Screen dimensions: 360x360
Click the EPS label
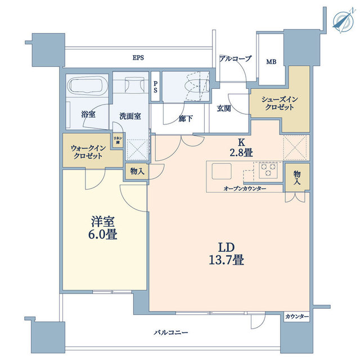(x=138, y=57)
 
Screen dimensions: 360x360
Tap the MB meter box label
(x=271, y=61)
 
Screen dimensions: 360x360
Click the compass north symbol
(x=343, y=21)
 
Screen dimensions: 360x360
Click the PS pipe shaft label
(x=155, y=87)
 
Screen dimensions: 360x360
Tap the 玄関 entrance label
(x=224, y=109)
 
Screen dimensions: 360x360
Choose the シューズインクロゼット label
(x=280, y=103)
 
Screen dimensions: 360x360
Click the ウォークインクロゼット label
(x=88, y=152)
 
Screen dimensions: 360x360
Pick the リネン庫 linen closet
(x=118, y=140)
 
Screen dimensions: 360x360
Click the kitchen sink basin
(x=221, y=171)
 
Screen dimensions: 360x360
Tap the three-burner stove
(x=268, y=170)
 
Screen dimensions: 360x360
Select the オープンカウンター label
(x=245, y=189)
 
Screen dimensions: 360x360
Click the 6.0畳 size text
(x=102, y=234)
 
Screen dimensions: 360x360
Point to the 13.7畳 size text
(x=226, y=260)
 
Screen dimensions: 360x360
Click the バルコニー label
(x=171, y=332)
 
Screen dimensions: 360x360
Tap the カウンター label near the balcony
(x=296, y=317)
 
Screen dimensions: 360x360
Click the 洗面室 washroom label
(x=130, y=116)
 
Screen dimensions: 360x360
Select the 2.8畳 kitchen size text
(x=241, y=152)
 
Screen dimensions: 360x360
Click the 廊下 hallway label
(x=186, y=119)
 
